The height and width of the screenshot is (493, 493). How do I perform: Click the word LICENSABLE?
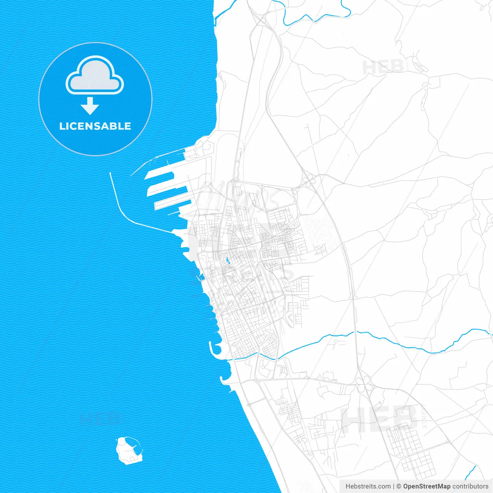[95, 126]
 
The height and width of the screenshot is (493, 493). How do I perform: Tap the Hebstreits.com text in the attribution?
[368, 486]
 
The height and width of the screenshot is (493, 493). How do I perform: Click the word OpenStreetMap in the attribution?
[426, 486]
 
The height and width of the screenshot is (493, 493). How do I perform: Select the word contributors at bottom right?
[470, 486]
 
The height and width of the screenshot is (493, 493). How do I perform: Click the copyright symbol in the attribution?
[399, 486]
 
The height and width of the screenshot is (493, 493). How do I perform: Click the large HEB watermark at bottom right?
[379, 418]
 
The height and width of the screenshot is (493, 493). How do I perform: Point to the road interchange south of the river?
[364, 383]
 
